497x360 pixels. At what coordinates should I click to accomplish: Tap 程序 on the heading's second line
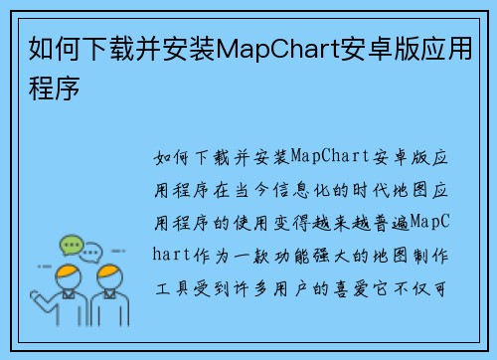51,87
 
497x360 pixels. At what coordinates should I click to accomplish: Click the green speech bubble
72,244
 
